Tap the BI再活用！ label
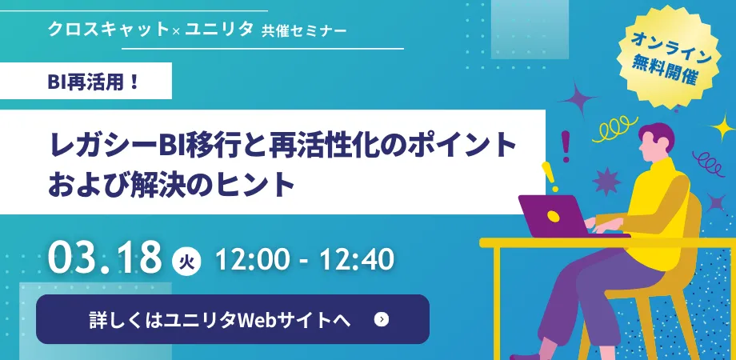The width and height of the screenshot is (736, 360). (x=94, y=81)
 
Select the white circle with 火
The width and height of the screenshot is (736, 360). (x=187, y=260)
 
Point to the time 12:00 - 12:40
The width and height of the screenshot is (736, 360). (x=304, y=259)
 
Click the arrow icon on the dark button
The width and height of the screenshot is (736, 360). (x=382, y=320)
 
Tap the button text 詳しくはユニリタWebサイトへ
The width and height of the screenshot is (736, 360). (x=220, y=320)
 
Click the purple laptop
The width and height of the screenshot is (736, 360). (x=563, y=217)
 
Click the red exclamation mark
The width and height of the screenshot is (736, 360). (x=565, y=146)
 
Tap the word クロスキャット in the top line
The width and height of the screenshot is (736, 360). (x=108, y=30)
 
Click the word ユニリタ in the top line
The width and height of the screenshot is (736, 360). (x=218, y=30)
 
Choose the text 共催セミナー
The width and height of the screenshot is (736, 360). (x=305, y=31)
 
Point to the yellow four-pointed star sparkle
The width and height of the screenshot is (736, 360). (x=722, y=127)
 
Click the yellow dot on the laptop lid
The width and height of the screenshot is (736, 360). (x=554, y=216)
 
